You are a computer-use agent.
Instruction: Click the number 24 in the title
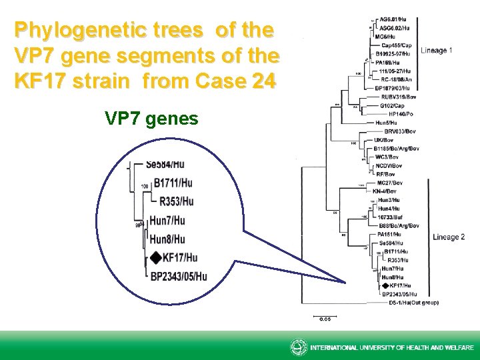[260, 82]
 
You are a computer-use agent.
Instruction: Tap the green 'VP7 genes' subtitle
[151, 119]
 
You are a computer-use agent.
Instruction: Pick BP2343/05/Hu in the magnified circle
[179, 276]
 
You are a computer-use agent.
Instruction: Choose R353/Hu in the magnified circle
[177, 201]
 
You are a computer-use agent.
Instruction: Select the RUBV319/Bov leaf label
[397, 95]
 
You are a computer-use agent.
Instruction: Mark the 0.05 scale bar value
[325, 319]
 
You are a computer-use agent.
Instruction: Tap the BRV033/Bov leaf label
[400, 131]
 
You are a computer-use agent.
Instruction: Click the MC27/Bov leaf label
[390, 183]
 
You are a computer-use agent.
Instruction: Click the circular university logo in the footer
[299, 347]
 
